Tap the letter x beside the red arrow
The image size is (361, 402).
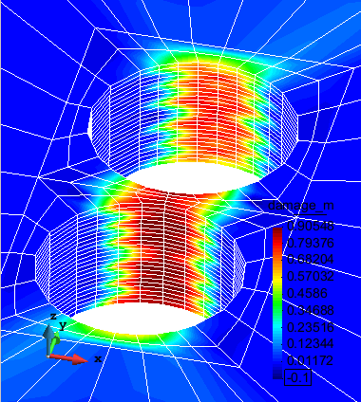point(97,358)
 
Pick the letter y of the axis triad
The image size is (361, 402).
point(63,325)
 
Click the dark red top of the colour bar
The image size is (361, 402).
point(277,233)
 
